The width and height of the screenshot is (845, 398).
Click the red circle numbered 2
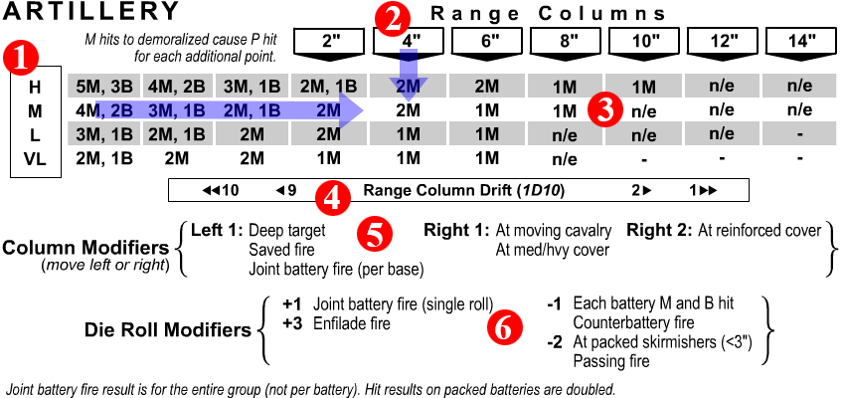click(x=396, y=17)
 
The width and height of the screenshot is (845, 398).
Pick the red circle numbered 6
click(x=506, y=327)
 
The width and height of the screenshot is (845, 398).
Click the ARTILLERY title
click(x=91, y=12)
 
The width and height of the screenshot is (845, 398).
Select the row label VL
click(x=35, y=158)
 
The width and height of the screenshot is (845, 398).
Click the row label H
click(x=35, y=87)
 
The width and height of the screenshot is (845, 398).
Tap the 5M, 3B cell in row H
click(x=103, y=87)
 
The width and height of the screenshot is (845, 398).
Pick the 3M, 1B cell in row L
click(x=103, y=133)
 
